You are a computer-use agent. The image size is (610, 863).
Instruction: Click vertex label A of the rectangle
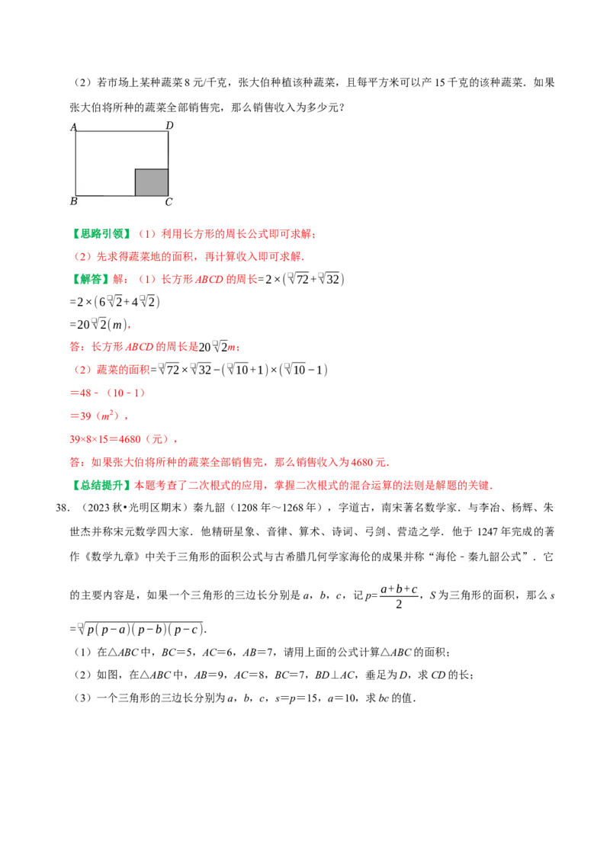pyautogui.click(x=74, y=127)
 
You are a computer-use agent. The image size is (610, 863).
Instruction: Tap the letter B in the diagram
pyautogui.click(x=74, y=201)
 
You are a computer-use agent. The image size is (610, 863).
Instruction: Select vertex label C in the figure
pyautogui.click(x=169, y=202)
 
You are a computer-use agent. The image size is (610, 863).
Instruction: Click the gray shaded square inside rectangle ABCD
pyautogui.click(x=152, y=182)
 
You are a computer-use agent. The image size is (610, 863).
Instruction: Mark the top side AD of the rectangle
pyautogui.click(x=121, y=131)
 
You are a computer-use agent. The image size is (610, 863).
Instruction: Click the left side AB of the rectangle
pyautogui.click(x=75, y=163)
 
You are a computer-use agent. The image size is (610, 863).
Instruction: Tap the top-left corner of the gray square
pyautogui.click(x=136, y=169)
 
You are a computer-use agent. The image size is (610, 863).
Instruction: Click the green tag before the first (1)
pyautogui.click(x=103, y=234)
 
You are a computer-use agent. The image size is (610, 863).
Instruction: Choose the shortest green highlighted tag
pyautogui.click(x=91, y=279)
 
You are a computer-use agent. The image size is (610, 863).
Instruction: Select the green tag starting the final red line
pyautogui.click(x=103, y=485)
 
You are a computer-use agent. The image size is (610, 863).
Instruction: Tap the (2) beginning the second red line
pyautogui.click(x=82, y=257)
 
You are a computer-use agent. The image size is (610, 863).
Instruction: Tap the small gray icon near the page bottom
pyautogui.click(x=79, y=627)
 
